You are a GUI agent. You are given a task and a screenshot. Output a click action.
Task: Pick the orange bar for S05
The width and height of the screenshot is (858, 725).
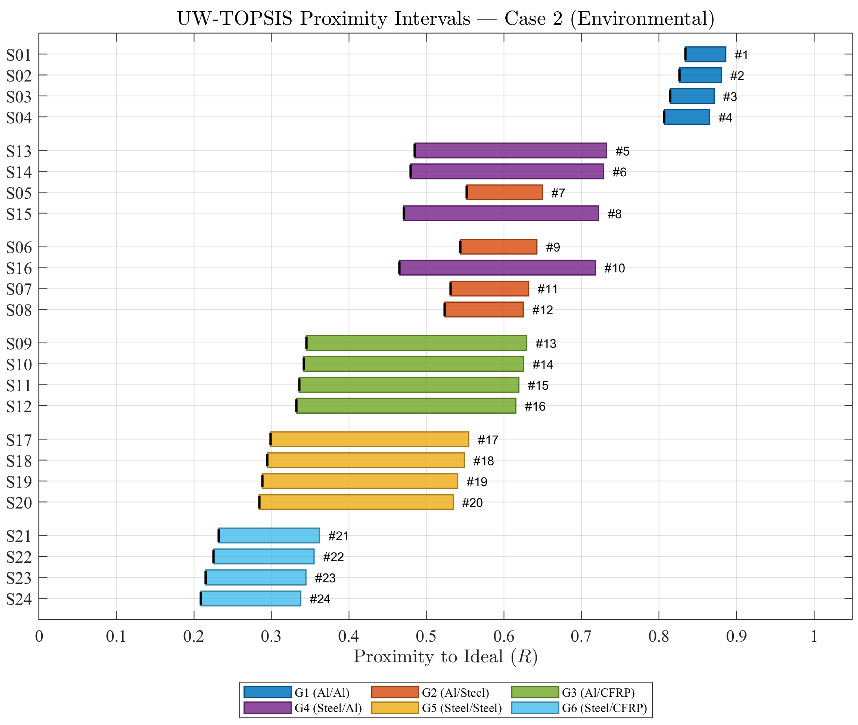coord(504,192)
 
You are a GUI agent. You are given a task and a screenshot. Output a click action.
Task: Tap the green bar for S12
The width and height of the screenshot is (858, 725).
coord(406,406)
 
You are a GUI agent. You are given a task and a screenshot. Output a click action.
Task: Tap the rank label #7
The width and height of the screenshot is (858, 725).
coord(558,193)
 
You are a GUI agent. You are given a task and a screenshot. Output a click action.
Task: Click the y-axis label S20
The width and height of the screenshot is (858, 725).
coord(19,503)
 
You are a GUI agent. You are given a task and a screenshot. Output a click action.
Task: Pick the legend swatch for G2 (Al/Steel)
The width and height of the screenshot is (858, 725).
coord(395,692)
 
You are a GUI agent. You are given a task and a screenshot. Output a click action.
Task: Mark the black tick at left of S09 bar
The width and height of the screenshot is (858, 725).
coord(306,343)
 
